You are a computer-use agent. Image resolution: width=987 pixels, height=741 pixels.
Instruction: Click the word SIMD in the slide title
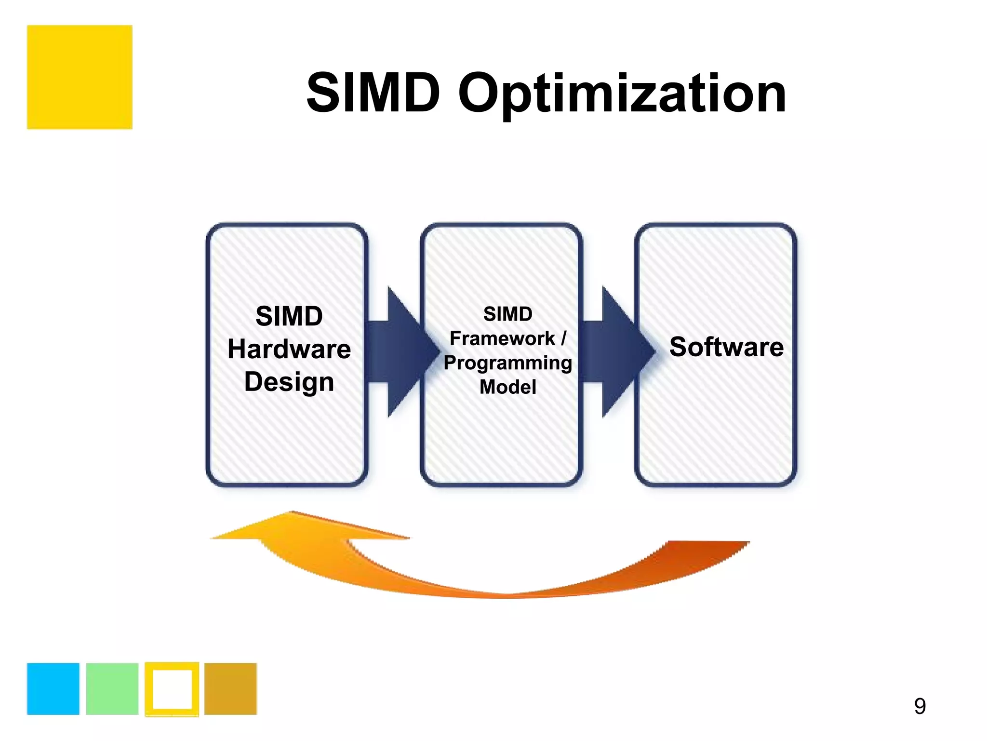(x=373, y=93)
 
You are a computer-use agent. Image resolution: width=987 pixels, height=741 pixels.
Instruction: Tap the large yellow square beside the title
(x=80, y=77)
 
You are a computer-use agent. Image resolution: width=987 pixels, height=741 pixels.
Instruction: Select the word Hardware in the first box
(x=289, y=349)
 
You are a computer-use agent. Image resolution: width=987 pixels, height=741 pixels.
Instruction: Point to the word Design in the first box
(x=289, y=382)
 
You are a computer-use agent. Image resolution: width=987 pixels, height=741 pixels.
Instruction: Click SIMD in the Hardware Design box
(x=289, y=316)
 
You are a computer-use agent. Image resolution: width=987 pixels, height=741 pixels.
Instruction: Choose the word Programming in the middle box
(x=508, y=363)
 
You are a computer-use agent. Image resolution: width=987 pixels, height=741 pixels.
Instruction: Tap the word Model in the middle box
(x=508, y=387)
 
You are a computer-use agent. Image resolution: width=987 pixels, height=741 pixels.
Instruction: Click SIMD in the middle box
(x=508, y=314)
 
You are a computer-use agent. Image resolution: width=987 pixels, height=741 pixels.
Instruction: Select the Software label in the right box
(x=726, y=347)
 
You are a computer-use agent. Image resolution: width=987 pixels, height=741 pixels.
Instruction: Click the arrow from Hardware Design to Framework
(x=400, y=352)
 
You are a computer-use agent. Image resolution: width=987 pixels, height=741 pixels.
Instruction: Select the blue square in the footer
(x=53, y=688)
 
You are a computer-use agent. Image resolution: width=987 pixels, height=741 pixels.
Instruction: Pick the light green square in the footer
(x=112, y=688)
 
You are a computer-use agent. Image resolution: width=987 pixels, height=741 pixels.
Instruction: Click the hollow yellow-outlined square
(x=172, y=688)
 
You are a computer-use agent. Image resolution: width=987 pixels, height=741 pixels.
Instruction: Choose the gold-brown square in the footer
(x=231, y=688)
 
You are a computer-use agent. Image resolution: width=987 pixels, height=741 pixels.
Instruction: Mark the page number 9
(x=920, y=706)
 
